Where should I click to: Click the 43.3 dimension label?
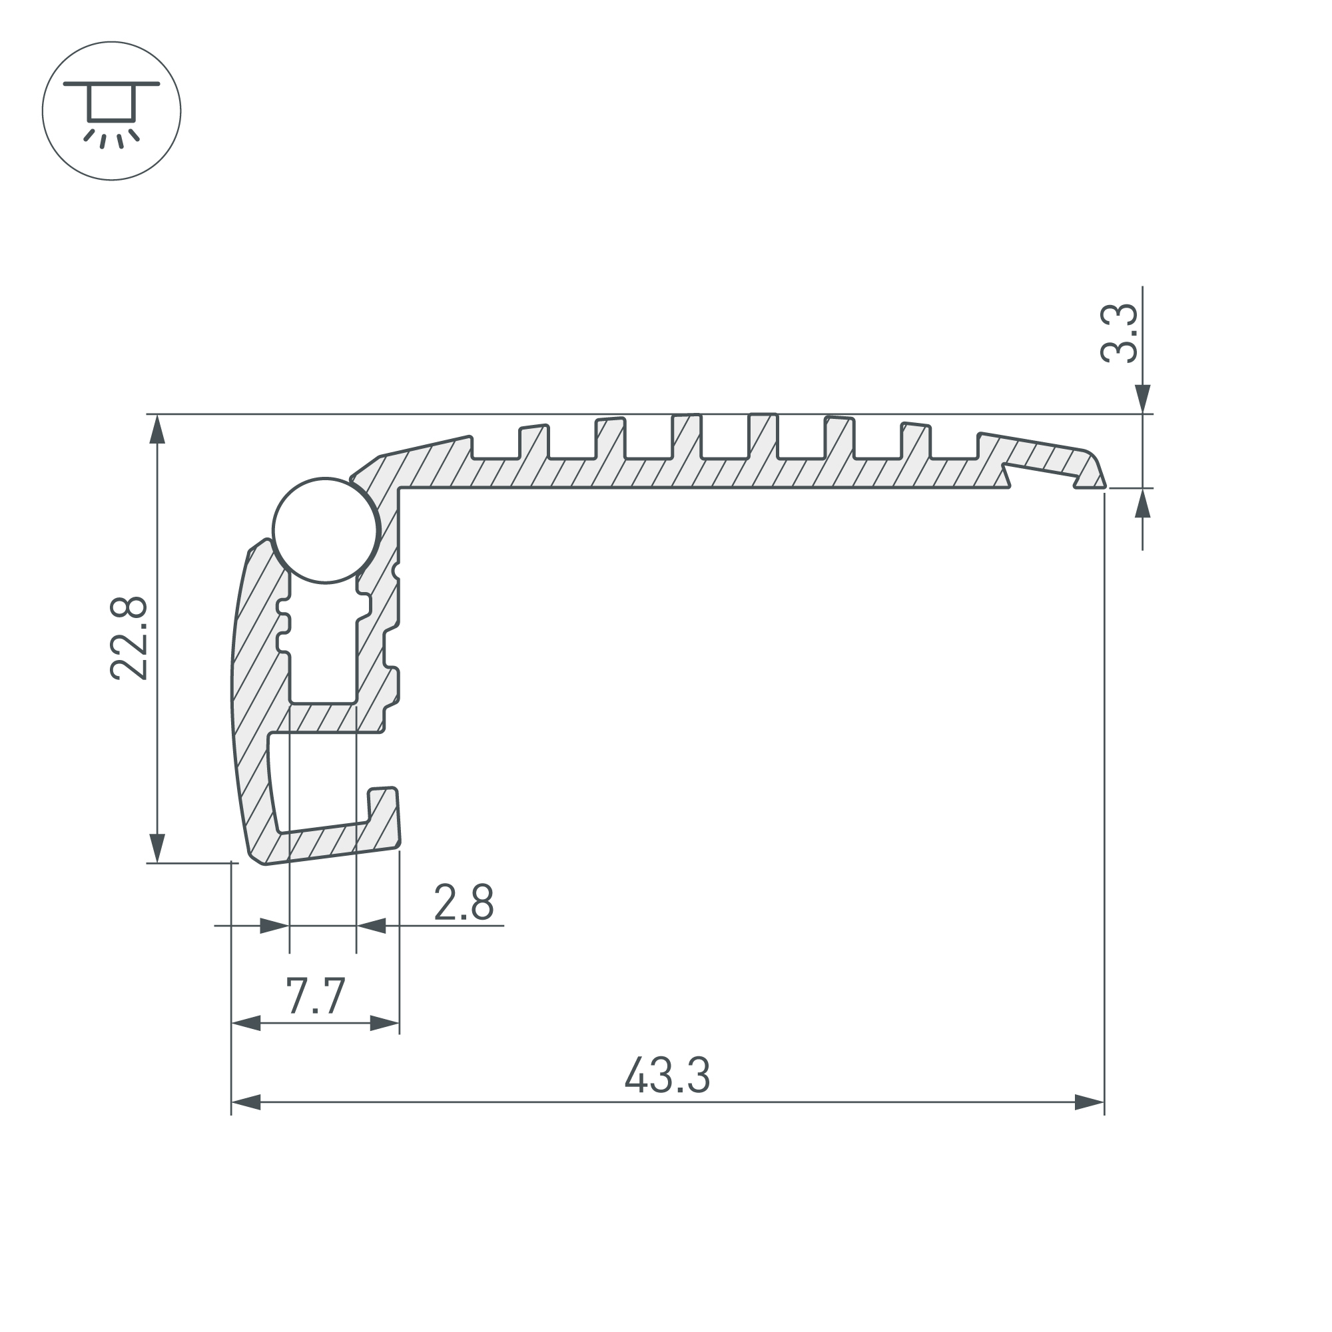(x=667, y=1076)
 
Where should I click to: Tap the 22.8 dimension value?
(x=129, y=639)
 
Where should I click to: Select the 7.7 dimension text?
(x=315, y=996)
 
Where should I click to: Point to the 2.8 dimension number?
(x=464, y=902)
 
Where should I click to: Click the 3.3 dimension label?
(x=1118, y=333)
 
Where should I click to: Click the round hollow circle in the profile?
(x=326, y=531)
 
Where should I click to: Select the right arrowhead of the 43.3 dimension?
(x=1090, y=1102)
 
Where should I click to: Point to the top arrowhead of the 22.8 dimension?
(x=158, y=429)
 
